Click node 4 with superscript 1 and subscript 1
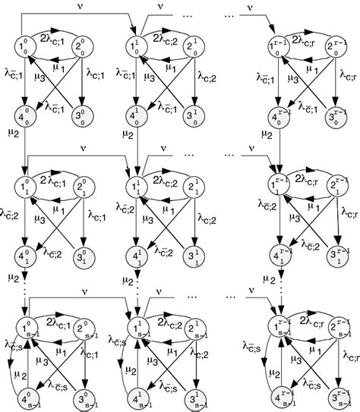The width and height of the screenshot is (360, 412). [137, 251]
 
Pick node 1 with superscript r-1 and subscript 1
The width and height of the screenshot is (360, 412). [276, 186]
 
